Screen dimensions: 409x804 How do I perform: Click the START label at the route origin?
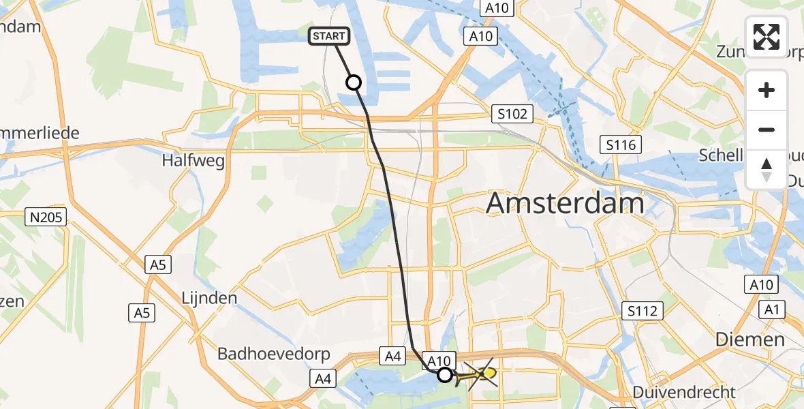(x=330, y=37)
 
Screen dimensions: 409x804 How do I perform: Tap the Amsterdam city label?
(x=565, y=203)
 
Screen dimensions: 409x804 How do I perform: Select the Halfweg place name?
(x=193, y=161)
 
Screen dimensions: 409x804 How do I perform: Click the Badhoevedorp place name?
(x=274, y=354)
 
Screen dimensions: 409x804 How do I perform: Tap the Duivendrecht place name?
(x=684, y=392)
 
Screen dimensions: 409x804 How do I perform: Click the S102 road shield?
(x=512, y=114)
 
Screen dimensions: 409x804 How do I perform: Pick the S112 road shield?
(x=643, y=312)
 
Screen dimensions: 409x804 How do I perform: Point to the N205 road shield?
(x=46, y=218)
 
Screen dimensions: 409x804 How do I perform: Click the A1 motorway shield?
(x=772, y=310)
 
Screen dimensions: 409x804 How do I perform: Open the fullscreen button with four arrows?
(x=767, y=37)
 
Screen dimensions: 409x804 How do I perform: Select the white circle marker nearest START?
(x=354, y=83)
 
